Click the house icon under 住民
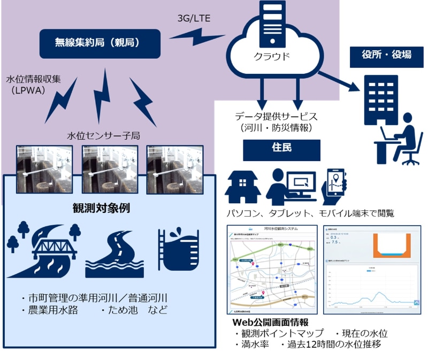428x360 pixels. click(242, 185)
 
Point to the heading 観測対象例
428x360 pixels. click(102, 208)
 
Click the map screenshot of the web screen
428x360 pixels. click(270, 270)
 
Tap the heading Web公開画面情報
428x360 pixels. click(270, 323)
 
